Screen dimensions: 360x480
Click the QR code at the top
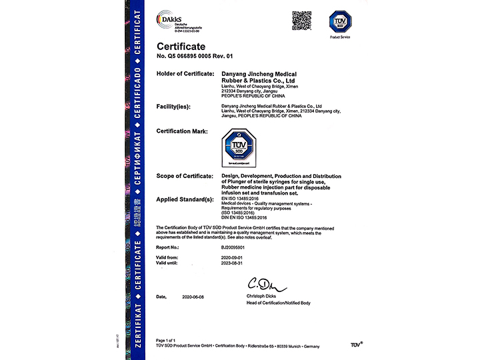[x=301, y=20]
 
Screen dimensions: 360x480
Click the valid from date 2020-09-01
[x=233, y=257]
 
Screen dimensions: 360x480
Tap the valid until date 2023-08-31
[x=233, y=263]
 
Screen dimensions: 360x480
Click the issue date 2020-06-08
[x=194, y=295]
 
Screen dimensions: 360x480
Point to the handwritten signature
[x=265, y=285]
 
